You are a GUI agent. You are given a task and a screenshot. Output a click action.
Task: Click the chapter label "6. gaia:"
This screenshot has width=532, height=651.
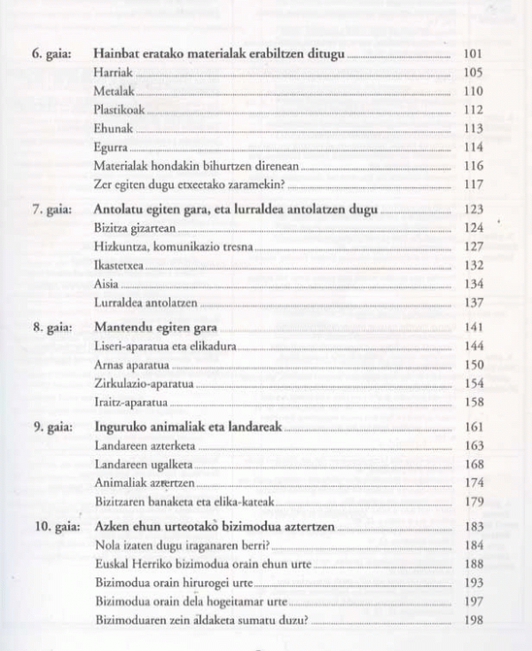[51, 54]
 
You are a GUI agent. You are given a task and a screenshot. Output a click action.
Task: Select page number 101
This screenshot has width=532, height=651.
[473, 54]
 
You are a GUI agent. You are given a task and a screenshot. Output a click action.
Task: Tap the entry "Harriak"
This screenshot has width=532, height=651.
[113, 73]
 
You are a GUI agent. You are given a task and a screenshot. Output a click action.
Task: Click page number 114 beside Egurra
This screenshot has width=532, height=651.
[473, 147]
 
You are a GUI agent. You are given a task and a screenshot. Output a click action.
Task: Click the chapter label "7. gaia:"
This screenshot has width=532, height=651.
[51, 210]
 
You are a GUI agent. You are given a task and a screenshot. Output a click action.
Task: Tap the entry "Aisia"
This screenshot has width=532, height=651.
[106, 284]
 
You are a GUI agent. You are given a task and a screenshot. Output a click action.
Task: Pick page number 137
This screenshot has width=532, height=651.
[473, 302]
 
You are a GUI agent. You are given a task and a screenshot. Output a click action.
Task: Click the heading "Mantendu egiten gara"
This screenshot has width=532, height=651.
[155, 327]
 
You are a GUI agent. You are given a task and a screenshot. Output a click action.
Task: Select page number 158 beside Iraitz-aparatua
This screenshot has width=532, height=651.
[473, 402]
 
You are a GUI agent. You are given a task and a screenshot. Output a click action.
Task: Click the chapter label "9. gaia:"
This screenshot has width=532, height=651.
[51, 427]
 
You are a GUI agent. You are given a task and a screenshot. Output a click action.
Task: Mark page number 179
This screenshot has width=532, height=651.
[473, 501]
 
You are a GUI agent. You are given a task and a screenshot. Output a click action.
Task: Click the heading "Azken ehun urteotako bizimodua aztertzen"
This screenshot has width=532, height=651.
[215, 526]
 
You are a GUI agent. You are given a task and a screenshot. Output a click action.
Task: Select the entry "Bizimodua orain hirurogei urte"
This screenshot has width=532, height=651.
[174, 582]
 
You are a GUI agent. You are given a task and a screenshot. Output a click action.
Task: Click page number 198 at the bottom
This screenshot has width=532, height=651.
[473, 619]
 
